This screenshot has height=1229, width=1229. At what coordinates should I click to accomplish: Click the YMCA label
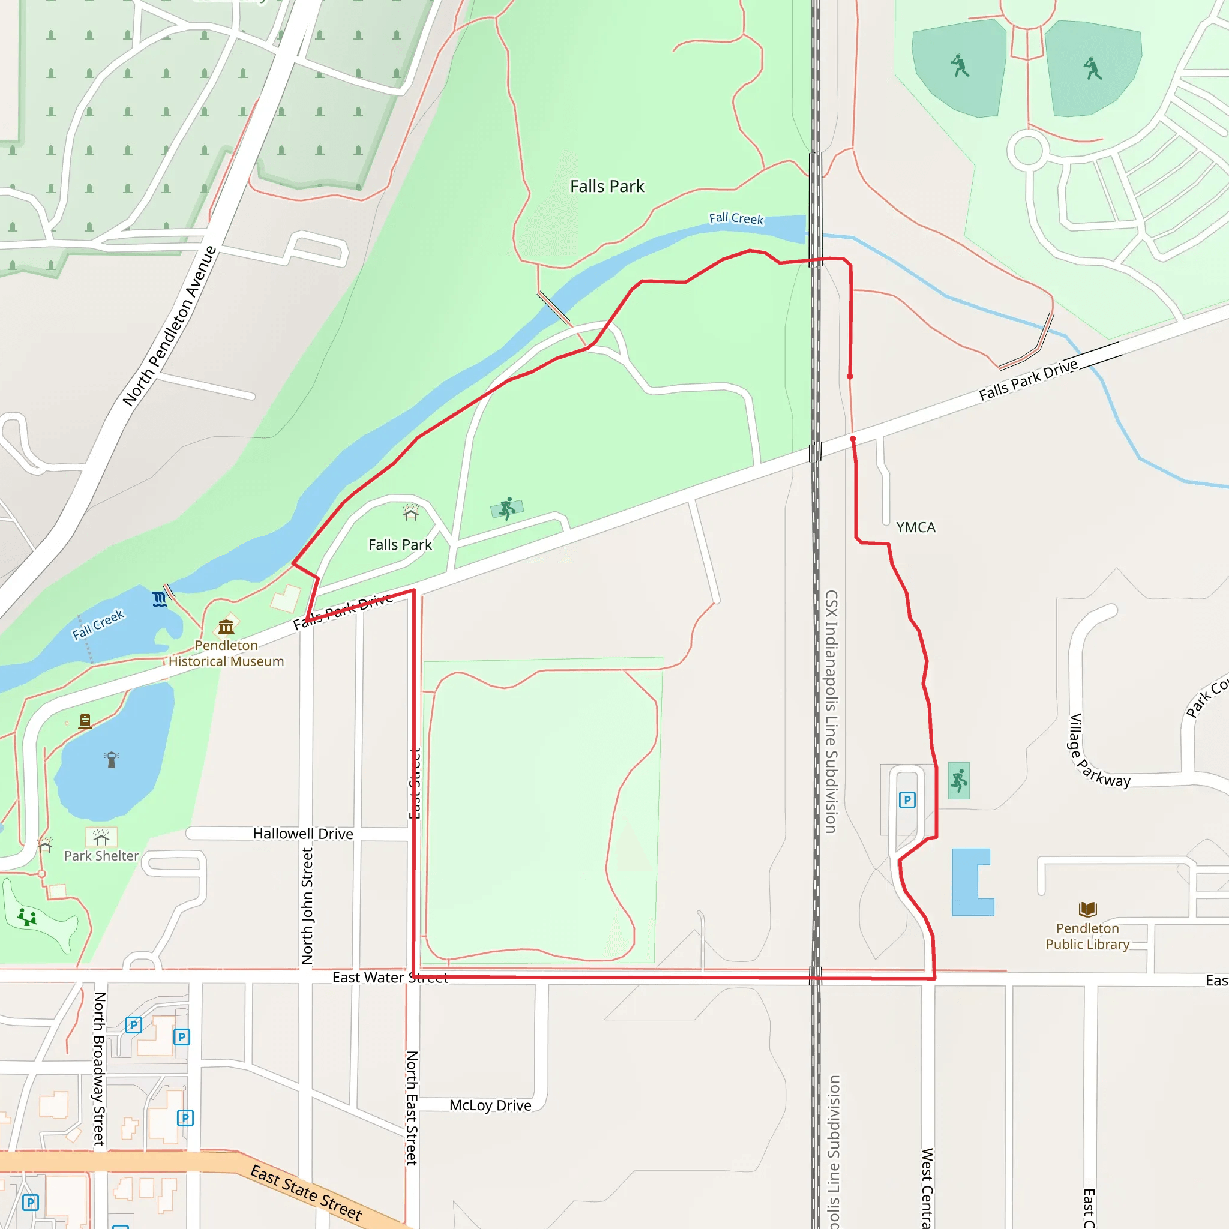point(915,527)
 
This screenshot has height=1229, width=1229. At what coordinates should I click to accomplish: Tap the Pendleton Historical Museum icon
point(226,627)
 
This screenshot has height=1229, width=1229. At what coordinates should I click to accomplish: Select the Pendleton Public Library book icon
point(1088,909)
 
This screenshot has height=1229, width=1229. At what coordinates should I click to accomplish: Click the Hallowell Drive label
point(303,834)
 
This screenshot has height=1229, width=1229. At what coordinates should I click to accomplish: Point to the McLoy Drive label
point(490,1105)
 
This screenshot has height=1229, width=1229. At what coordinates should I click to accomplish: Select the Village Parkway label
point(1098,751)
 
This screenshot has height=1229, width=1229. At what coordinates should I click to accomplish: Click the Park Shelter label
point(101,856)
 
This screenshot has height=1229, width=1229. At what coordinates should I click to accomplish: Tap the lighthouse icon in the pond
point(112,759)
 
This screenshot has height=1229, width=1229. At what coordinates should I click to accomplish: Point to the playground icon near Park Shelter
point(27,917)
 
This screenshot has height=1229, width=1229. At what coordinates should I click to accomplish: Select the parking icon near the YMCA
point(907,799)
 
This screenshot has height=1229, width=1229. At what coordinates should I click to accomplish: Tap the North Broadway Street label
point(99,1069)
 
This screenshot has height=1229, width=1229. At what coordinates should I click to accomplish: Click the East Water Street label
point(390,978)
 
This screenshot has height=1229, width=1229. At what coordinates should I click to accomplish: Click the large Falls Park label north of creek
point(607,187)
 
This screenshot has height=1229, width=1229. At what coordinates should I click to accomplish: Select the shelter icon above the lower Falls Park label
point(411,512)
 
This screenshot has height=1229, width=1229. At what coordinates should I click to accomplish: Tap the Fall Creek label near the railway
point(736,218)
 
